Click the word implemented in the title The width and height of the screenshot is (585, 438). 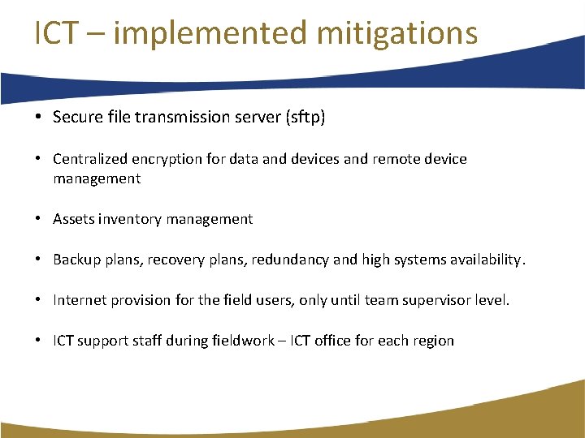pyautogui.click(x=210, y=33)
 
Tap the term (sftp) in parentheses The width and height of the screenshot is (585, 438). pyautogui.click(x=305, y=118)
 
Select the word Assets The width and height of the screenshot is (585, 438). pyautogui.click(x=73, y=219)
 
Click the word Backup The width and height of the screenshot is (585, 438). pyautogui.click(x=76, y=260)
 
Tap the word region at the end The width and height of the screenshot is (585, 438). pyautogui.click(x=432, y=341)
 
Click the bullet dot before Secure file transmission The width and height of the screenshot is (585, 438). pyautogui.click(x=39, y=118)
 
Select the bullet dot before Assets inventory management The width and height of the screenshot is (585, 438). pyautogui.click(x=39, y=219)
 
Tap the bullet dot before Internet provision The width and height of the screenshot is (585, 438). pyautogui.click(x=39, y=300)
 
